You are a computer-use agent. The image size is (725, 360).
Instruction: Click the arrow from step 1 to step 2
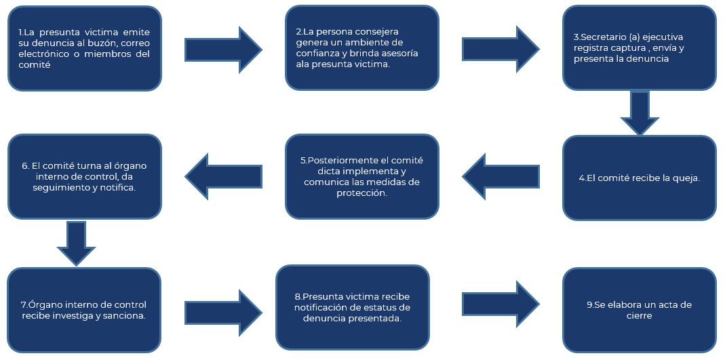tap(223, 50)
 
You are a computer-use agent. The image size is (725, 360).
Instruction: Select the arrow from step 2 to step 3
tap(501, 49)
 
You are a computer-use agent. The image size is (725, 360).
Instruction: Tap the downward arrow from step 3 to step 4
tap(640, 113)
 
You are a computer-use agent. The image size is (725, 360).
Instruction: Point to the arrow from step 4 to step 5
tap(501, 176)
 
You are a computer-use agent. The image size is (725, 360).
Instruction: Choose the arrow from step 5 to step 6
tap(223, 176)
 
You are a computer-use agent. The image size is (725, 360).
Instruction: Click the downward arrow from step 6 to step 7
tap(76, 243)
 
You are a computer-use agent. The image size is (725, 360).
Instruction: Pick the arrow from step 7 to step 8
tap(223, 313)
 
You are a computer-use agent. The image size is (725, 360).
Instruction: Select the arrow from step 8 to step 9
tap(501, 304)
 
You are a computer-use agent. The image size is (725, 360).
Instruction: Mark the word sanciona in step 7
tap(128, 316)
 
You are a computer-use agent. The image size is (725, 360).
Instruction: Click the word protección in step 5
tap(362, 194)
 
